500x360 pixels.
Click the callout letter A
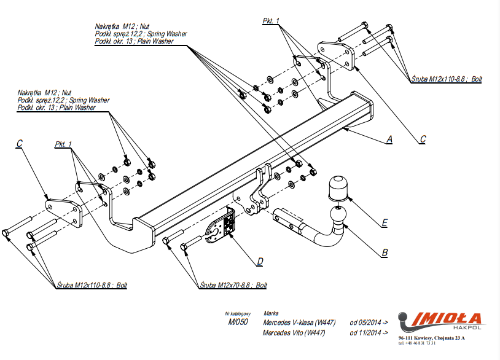[x=388, y=139]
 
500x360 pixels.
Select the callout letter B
[x=385, y=252]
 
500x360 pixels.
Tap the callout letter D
[x=260, y=262]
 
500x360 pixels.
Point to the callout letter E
[x=385, y=222]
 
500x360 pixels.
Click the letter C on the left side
[x=20, y=144]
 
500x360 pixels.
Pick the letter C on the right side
[x=423, y=139]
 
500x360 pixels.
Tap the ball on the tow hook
[x=337, y=214]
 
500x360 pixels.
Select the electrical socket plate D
[x=222, y=225]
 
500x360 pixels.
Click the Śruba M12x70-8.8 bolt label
[x=234, y=286]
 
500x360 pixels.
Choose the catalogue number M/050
[x=238, y=321]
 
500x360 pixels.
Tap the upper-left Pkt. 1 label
[x=63, y=144]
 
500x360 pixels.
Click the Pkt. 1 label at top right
[x=271, y=21]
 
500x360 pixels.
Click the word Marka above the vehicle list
[x=270, y=313]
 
